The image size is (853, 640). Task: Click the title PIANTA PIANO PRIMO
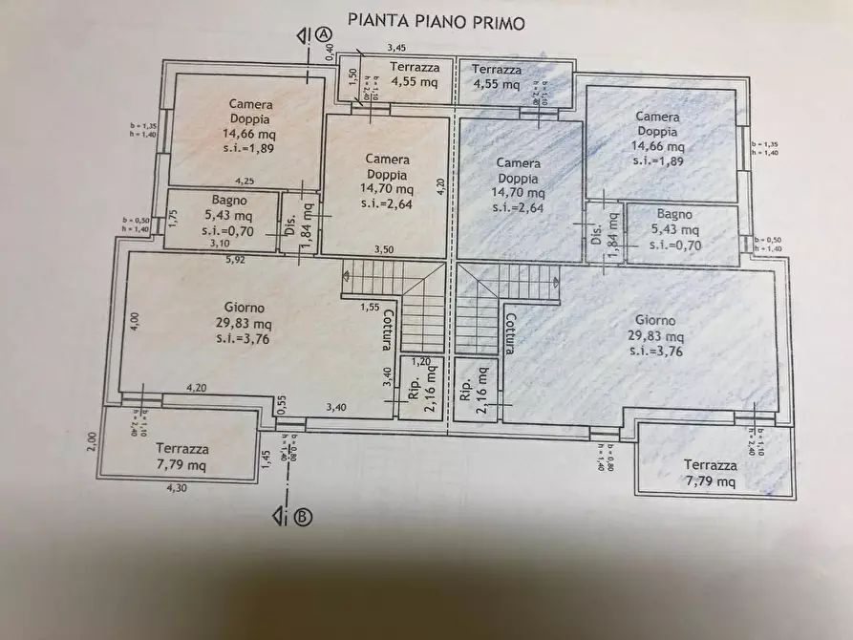point(435,22)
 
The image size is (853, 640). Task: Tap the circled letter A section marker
point(324,34)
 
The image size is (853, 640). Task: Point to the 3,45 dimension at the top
point(395,48)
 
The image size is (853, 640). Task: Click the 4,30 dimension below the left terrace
point(177,488)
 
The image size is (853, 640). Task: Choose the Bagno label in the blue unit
point(674,215)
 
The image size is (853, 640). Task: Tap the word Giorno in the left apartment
point(239,308)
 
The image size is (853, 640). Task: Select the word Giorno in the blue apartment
point(652,322)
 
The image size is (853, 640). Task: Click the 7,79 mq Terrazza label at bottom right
point(709,474)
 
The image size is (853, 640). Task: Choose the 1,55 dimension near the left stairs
point(370,307)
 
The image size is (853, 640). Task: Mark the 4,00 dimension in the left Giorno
point(135,321)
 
